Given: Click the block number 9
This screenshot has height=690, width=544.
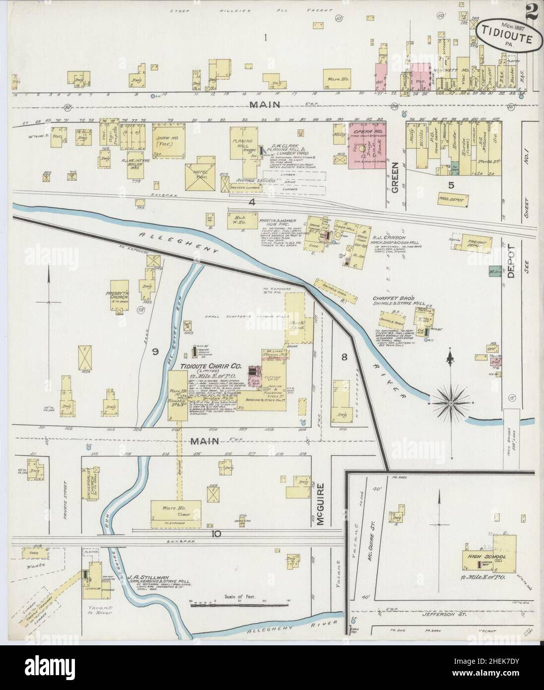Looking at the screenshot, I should tap(155, 352).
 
